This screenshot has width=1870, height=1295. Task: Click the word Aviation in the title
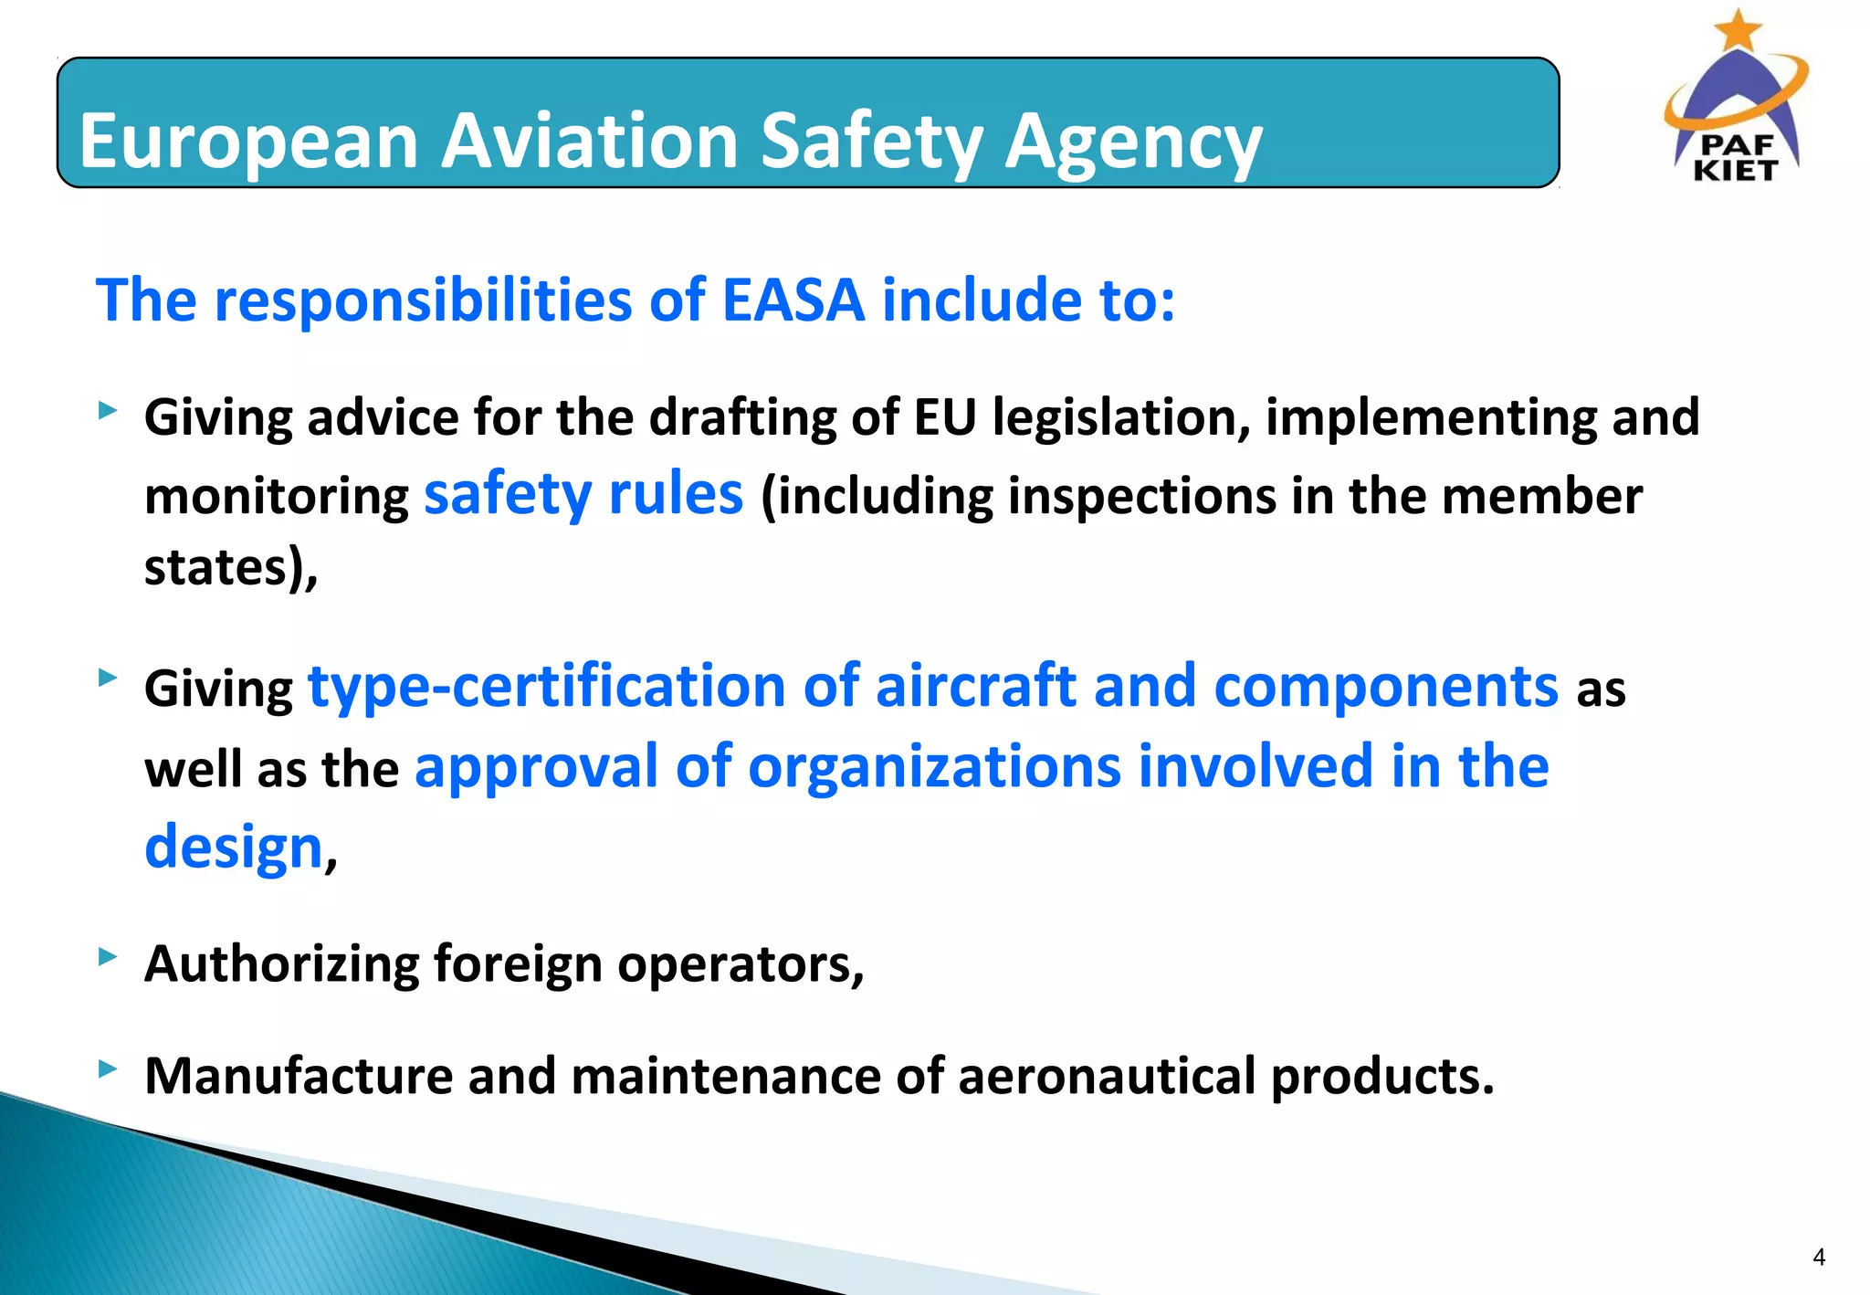(590, 142)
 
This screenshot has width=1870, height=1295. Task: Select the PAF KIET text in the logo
(1735, 158)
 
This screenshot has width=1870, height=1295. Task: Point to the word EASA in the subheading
(793, 300)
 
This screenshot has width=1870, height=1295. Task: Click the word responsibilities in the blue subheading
(423, 300)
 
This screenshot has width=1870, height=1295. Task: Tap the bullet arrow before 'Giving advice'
(109, 411)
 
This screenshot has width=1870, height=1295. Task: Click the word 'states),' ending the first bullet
(231, 568)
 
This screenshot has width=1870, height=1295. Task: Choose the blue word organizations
(934, 766)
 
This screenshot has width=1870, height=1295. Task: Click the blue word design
(234, 848)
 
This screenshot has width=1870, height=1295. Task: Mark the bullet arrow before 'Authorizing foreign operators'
(109, 956)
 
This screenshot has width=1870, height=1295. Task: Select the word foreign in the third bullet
(517, 964)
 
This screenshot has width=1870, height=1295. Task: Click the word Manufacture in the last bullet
(299, 1076)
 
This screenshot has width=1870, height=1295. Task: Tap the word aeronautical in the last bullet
(1107, 1076)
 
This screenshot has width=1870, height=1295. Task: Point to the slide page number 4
(1818, 1258)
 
